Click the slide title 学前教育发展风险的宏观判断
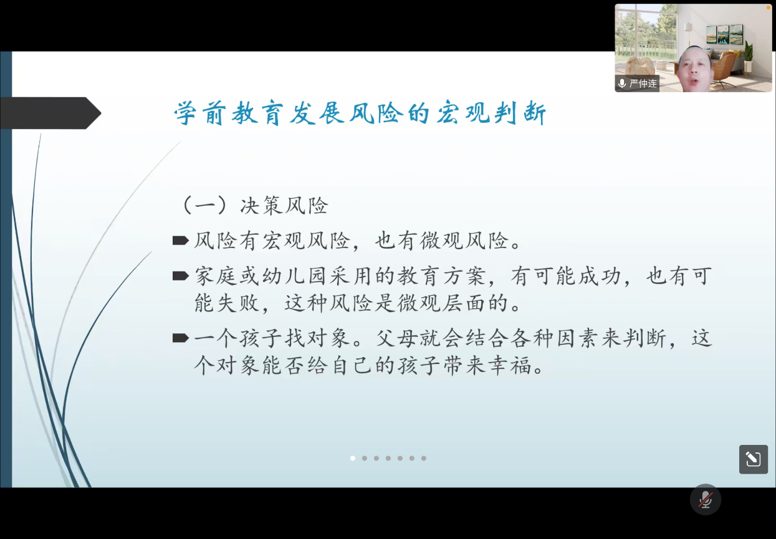360,113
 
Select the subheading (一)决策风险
255,206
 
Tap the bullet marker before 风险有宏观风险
181,241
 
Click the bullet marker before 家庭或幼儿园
181,276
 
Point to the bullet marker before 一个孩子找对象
181,338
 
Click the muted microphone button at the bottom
706,500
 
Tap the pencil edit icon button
754,459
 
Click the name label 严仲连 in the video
643,83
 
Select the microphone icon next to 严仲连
622,83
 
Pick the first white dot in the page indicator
353,458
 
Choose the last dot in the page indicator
424,458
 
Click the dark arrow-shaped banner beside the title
50,113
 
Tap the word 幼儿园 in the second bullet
294,276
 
